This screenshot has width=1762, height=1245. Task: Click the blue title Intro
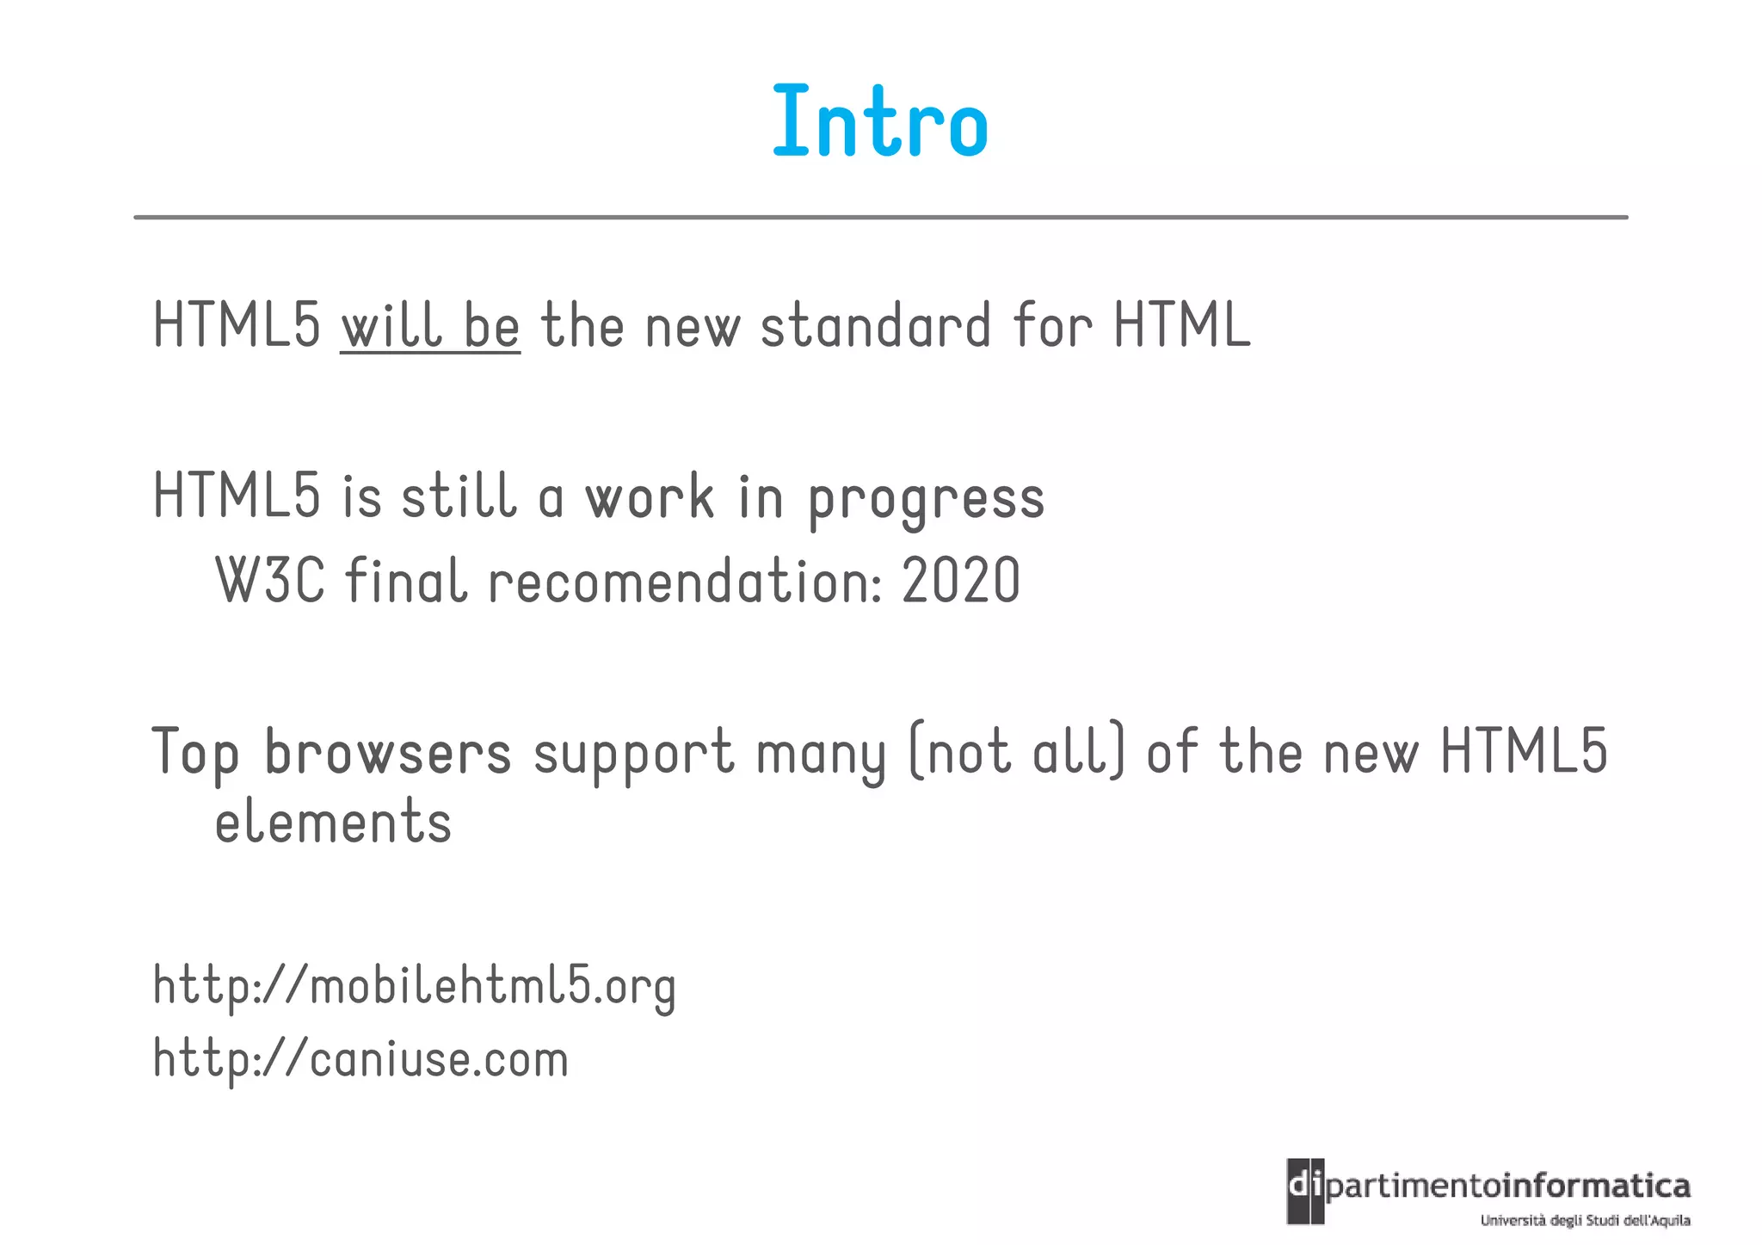tap(880, 122)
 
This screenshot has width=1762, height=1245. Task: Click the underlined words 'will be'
tap(430, 327)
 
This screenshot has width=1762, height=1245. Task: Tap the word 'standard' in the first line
tap(876, 327)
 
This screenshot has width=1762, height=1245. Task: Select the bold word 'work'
tap(650, 498)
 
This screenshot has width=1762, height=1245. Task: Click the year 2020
tap(961, 582)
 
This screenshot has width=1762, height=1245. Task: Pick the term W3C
tap(270, 582)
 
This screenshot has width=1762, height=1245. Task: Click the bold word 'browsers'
tap(387, 753)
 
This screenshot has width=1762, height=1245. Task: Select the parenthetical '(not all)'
tap(1016, 753)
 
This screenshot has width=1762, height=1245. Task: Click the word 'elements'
tap(333, 823)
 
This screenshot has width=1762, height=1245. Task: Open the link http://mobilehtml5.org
tap(415, 986)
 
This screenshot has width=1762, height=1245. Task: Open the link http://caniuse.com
tap(361, 1059)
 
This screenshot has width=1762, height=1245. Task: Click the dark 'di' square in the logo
tap(1305, 1191)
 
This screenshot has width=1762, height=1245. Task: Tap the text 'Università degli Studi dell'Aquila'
tap(1585, 1220)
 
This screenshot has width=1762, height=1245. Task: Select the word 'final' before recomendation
tap(406, 582)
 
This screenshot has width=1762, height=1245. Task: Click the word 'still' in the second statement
tap(459, 498)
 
